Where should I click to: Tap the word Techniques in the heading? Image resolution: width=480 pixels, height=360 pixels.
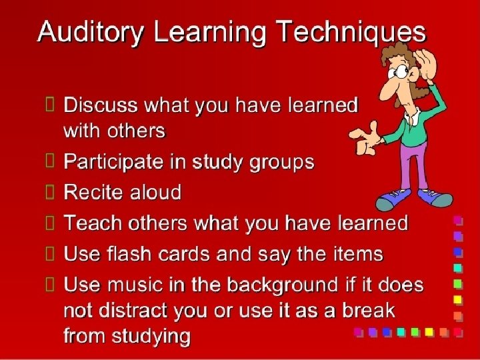click(x=351, y=31)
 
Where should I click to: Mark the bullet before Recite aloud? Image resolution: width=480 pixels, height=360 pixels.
click(x=50, y=193)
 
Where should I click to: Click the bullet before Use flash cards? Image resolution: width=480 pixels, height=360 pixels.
click(x=50, y=254)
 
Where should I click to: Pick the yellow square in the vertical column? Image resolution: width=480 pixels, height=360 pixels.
click(x=458, y=299)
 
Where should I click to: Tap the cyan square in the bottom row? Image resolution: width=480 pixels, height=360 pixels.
click(x=401, y=331)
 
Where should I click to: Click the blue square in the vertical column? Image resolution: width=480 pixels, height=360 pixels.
click(x=458, y=252)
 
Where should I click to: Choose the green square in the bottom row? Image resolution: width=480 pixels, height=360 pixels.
click(x=415, y=331)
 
